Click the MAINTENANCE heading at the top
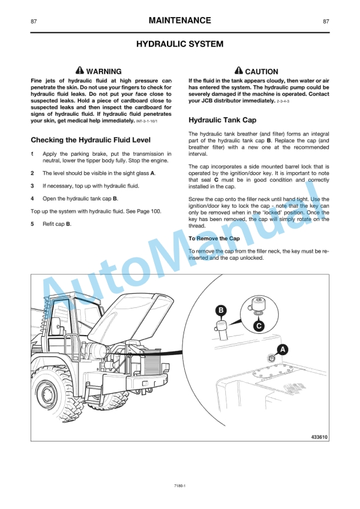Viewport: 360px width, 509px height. pos(179,21)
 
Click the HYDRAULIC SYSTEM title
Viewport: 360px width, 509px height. pos(179,44)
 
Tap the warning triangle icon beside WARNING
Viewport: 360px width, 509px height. pos(80,71)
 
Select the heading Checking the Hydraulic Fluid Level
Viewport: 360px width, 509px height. pos(90,140)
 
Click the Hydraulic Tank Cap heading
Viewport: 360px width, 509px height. pos(222,120)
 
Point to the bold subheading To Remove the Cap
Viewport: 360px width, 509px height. pos(214,239)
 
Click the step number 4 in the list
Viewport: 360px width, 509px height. pos(32,199)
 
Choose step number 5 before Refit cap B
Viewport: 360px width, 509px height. pos(32,224)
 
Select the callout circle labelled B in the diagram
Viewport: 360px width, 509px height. pos(221,310)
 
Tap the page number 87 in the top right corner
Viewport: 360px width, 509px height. pos(326,22)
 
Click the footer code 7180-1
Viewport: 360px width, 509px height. pos(179,485)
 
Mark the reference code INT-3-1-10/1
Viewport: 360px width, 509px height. pos(151,121)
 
